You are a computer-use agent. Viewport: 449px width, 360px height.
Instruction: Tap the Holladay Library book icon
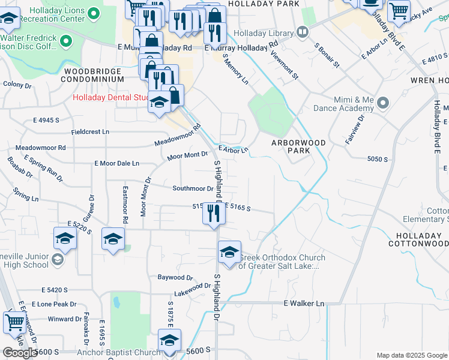pyautogui.click(x=302, y=31)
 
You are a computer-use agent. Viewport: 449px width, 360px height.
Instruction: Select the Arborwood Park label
pyautogui.click(x=298, y=146)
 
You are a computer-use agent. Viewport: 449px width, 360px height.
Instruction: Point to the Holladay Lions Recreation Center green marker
pyautogui.click(x=92, y=13)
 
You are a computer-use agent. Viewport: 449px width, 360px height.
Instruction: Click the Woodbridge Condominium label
pyautogui.click(x=94, y=75)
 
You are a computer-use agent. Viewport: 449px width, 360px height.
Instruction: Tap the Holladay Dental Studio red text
pyautogui.click(x=111, y=97)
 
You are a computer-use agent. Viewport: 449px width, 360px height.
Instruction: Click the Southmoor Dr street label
pyautogui.click(x=193, y=188)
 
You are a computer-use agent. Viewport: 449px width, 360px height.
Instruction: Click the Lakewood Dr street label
pyautogui.click(x=192, y=290)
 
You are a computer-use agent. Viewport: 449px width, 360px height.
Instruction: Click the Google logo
pyautogui.click(x=20, y=353)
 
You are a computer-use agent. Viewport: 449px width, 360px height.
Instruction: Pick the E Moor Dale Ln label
pyautogui.click(x=116, y=163)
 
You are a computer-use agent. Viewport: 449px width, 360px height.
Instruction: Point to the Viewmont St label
pyautogui.click(x=285, y=64)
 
